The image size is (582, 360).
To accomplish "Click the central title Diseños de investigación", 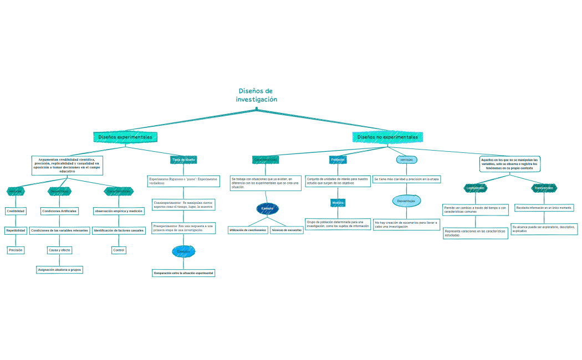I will click(x=256, y=95).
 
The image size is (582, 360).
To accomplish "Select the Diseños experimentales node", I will click(x=125, y=137).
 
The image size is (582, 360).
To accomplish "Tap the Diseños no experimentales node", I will click(x=387, y=137).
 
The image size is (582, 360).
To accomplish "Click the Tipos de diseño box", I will click(x=183, y=160).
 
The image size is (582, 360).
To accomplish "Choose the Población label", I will click(x=338, y=160).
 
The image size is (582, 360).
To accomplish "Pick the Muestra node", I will click(x=338, y=203).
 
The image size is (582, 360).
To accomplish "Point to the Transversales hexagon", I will click(x=543, y=188).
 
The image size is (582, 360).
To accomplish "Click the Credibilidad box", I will click(x=16, y=211).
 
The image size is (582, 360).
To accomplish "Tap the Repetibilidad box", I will click(x=16, y=230).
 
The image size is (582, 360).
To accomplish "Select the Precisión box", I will click(x=16, y=250).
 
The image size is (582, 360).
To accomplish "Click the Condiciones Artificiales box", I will click(x=59, y=211).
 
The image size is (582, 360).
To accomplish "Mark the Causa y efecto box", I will click(x=59, y=250).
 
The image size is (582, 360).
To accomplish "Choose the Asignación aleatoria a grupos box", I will click(x=59, y=270).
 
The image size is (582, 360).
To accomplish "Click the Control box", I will click(x=119, y=250).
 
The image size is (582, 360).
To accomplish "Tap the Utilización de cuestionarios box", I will click(x=248, y=230).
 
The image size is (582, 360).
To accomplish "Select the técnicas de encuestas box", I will click(x=287, y=230).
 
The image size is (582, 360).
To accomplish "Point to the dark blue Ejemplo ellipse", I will click(x=267, y=209).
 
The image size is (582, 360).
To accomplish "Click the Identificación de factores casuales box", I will click(x=119, y=230).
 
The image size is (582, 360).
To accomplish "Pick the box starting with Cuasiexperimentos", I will click(x=183, y=205).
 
